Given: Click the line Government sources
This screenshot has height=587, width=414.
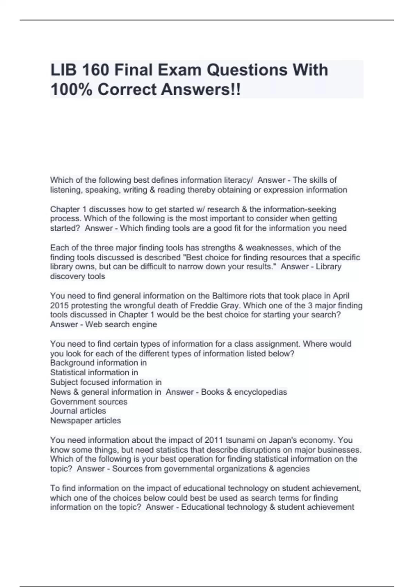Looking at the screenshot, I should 89,402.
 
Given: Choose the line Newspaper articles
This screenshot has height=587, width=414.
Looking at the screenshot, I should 86,421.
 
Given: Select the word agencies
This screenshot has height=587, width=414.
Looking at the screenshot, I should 295,469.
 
